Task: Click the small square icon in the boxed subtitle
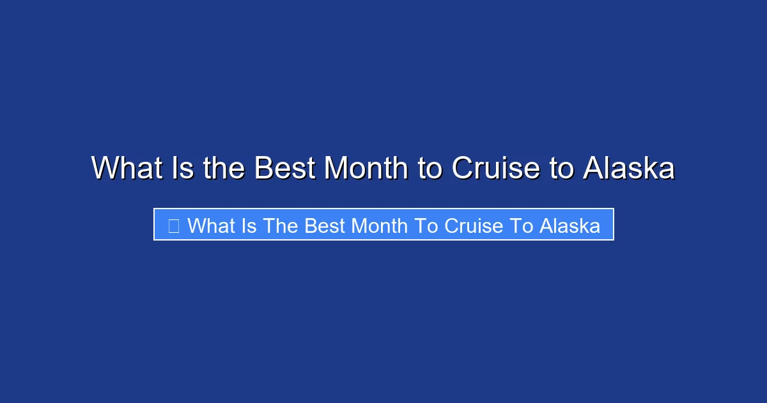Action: pyautogui.click(x=173, y=225)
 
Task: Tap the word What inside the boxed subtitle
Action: pyautogui.click(x=210, y=225)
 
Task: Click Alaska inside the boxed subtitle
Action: pyautogui.click(x=569, y=225)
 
